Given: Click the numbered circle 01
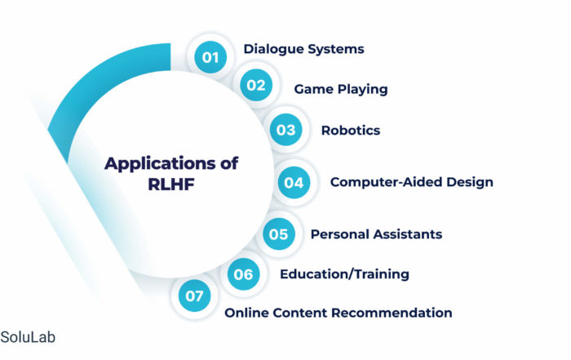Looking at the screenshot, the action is point(210,57).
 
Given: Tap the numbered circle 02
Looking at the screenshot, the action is point(256,85).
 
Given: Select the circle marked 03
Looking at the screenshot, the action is point(285,130).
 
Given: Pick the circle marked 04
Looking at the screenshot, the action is point(294,183).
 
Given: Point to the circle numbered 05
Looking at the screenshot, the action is point(279,234).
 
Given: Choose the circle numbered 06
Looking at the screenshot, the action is point(244,274).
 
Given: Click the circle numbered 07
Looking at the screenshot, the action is point(194,296).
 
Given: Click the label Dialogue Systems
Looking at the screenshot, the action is point(303,49).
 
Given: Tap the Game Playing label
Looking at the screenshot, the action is point(341,89).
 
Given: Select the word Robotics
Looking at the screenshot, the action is point(351,131).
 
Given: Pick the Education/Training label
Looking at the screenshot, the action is point(344,274).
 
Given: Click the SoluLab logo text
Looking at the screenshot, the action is point(28,337).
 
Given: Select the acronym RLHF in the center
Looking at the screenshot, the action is point(171,184).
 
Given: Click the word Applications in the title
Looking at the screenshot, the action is point(161,164).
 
